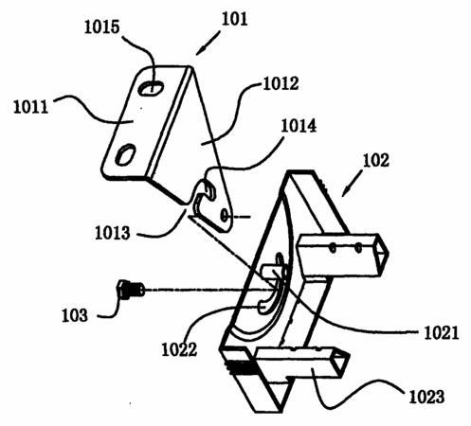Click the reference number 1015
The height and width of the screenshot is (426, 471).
(x=102, y=27)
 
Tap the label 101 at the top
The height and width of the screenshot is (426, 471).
(x=234, y=19)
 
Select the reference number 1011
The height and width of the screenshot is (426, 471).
(x=30, y=107)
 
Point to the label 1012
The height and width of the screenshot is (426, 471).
(x=281, y=83)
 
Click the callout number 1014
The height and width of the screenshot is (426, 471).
(x=299, y=126)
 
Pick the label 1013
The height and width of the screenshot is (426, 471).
(x=113, y=233)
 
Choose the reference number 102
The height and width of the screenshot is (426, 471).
(x=376, y=160)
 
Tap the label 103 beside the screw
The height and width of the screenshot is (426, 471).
(x=75, y=315)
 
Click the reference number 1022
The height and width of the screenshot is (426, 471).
(x=179, y=349)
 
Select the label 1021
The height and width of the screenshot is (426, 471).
(x=441, y=333)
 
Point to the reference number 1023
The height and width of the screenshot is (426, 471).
(x=426, y=397)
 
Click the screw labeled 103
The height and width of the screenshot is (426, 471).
(x=131, y=289)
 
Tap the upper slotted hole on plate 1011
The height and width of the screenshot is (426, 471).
(x=152, y=88)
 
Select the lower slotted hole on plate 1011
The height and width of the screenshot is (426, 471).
(x=125, y=154)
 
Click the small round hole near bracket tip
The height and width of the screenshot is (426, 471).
(x=225, y=216)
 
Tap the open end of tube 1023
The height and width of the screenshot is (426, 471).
(x=342, y=362)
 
